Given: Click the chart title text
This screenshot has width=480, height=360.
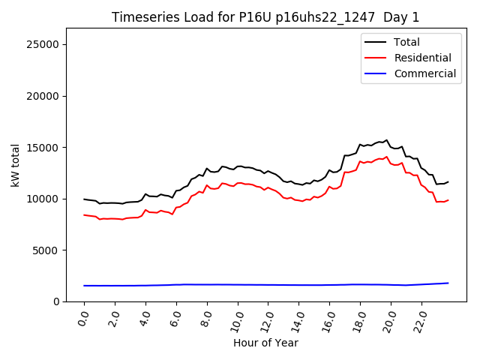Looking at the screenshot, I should tap(265, 17).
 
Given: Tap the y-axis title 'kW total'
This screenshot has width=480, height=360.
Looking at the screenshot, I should tap(16, 165).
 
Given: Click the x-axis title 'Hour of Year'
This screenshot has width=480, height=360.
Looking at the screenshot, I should tap(265, 343).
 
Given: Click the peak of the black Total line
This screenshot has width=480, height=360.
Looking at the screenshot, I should tap(387, 140).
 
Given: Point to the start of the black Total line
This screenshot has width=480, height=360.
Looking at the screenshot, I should tap(84, 199).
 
